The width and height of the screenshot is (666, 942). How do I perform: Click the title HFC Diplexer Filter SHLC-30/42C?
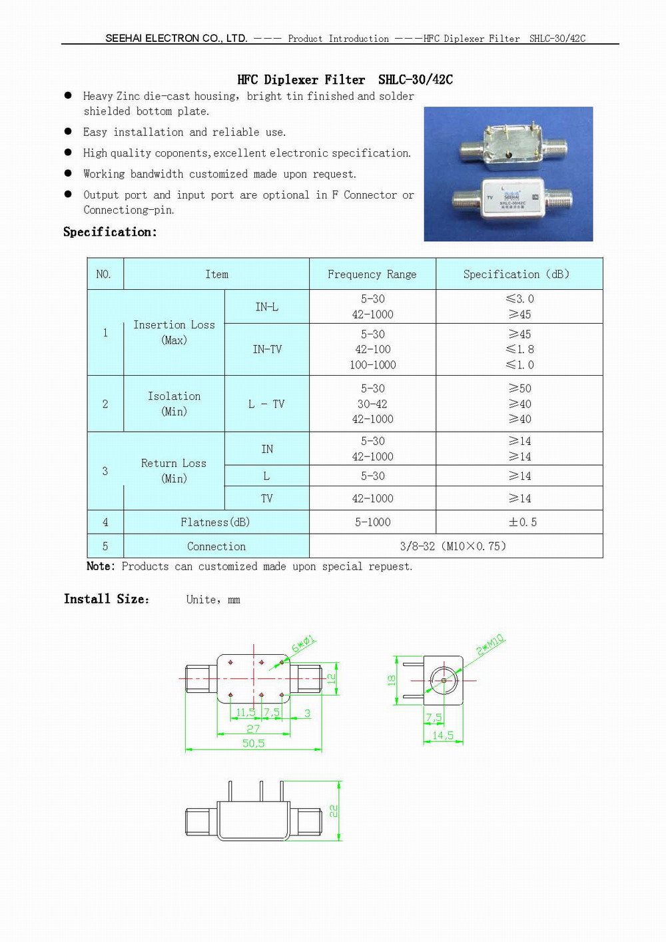click(345, 80)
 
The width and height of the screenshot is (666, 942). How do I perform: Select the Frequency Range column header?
click(372, 274)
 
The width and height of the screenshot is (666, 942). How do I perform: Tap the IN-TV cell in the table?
click(267, 349)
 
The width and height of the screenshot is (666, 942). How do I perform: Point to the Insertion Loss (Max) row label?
click(174, 332)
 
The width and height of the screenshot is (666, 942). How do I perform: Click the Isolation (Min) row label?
click(174, 404)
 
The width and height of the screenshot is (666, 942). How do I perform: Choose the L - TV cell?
click(266, 404)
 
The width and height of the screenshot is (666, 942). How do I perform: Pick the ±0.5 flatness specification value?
click(522, 522)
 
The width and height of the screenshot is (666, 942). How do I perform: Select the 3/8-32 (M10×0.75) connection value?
click(453, 546)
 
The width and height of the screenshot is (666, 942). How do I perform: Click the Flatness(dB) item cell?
click(216, 522)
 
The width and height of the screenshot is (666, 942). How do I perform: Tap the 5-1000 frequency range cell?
click(372, 522)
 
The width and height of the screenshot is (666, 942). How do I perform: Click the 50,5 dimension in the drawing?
click(253, 743)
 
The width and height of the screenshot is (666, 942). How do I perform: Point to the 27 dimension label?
click(253, 729)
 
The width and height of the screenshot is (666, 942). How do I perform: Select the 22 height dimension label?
click(333, 811)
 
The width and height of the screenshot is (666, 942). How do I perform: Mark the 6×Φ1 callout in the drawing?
click(303, 644)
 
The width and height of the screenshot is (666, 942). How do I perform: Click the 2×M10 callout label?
click(490, 645)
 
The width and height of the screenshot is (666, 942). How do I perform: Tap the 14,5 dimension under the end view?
click(443, 735)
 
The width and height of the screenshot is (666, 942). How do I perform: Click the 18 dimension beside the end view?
click(392, 680)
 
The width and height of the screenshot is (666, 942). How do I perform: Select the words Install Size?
click(106, 599)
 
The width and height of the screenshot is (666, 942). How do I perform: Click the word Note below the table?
click(100, 566)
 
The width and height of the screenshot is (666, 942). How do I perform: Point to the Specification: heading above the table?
click(110, 232)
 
